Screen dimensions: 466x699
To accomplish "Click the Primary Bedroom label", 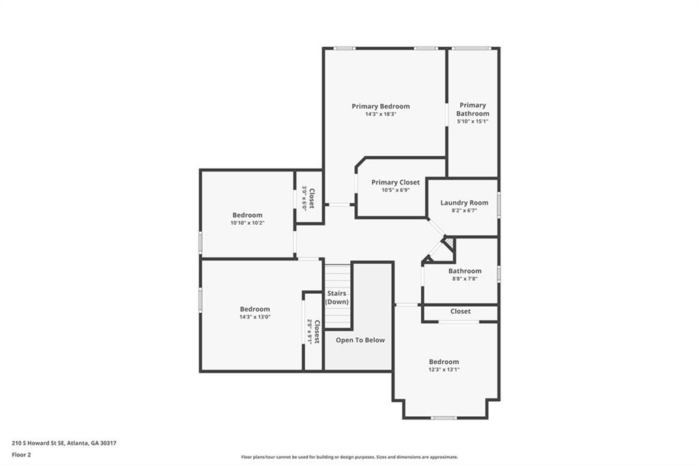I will pos(380,106).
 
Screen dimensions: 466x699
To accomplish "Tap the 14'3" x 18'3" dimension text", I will pos(380,114).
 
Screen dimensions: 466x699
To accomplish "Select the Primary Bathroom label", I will pos(472,109).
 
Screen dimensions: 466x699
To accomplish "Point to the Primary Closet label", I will pos(395,182).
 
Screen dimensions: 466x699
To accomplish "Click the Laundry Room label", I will pos(464,202).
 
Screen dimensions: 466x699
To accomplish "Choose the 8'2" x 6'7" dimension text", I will pos(464,210).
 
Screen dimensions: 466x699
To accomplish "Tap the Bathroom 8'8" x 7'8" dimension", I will pos(464,279).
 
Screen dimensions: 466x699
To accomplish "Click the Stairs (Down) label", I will pos(337,297).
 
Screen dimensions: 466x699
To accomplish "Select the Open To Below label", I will pos(360,340).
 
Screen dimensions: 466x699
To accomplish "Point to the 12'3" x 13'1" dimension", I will pos(444,370).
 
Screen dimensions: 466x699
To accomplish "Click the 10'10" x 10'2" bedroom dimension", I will pos(247,223).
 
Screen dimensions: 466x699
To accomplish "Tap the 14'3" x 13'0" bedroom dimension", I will pos(255,317).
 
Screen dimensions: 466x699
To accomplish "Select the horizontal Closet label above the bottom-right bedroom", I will pos(460,312).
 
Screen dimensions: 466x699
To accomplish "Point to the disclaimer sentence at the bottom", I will pos(349,457).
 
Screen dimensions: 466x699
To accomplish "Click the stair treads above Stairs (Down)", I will pos(337,277).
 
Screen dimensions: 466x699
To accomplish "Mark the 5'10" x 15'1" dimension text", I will pos(472,122).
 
